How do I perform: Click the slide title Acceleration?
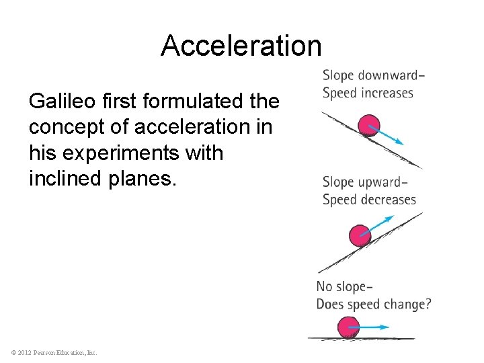(241, 46)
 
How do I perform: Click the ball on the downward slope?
(368, 126)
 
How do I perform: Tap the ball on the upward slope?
(360, 235)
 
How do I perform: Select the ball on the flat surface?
(349, 327)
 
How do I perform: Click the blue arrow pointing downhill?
(389, 136)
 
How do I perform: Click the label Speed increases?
(368, 93)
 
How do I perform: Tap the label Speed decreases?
(369, 200)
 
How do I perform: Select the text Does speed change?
(374, 305)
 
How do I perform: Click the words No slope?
(344, 287)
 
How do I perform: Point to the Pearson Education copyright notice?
(54, 352)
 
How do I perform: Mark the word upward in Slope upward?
(381, 182)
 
